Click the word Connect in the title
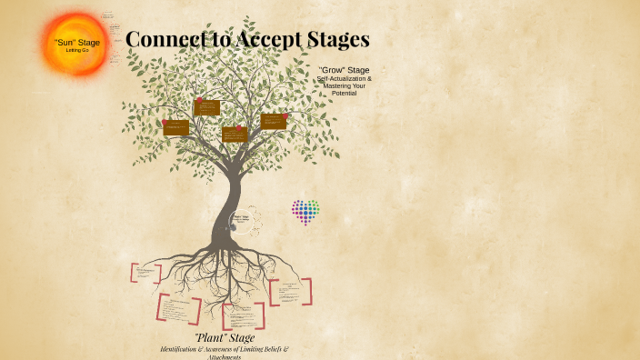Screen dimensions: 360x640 165,39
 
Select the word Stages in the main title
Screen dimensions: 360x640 337,39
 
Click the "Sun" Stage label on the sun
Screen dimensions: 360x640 77,42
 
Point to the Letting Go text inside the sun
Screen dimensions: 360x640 77,50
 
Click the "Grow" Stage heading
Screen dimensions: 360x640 344,70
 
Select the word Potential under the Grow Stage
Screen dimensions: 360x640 344,94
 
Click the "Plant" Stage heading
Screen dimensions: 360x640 224,338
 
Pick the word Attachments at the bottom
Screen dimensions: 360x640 224,356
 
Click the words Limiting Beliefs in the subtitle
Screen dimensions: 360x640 265,348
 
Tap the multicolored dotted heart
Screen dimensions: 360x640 305,211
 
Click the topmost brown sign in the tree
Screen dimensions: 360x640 207,107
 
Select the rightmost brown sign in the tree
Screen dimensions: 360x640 273,121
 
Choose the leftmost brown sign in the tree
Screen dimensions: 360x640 175,127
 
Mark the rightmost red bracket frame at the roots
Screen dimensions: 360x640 290,292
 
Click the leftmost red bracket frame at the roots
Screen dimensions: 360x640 145,273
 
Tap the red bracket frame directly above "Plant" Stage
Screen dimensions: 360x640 243,315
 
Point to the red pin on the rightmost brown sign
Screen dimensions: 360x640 285,115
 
